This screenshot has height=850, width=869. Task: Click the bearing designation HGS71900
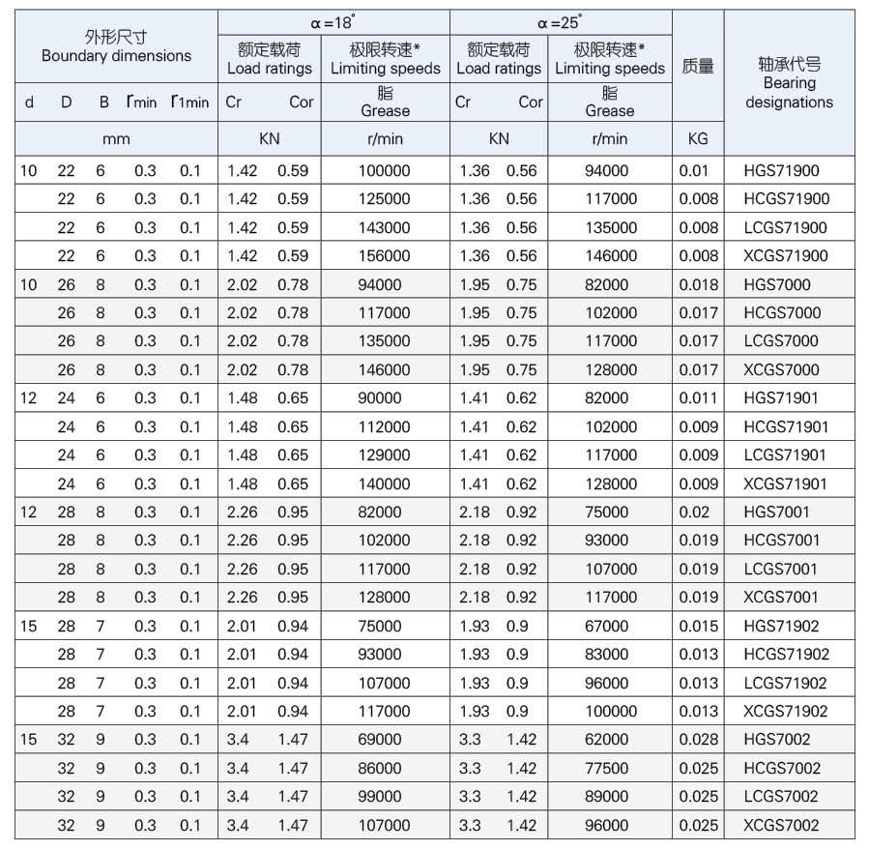point(781,171)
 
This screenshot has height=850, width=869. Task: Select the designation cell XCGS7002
point(781,825)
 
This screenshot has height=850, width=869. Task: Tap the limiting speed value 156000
point(384,256)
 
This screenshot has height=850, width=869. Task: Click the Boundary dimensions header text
point(116,56)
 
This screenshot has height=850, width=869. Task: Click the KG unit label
point(697,138)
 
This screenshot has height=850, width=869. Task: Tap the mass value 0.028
point(698,740)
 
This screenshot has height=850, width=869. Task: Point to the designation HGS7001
point(777,513)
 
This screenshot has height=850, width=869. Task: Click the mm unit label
point(116,138)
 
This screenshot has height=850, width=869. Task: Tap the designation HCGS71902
point(786,655)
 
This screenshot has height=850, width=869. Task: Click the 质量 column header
point(697,67)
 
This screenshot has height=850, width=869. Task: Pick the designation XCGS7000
point(781,369)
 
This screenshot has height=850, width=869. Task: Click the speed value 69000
point(380,740)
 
